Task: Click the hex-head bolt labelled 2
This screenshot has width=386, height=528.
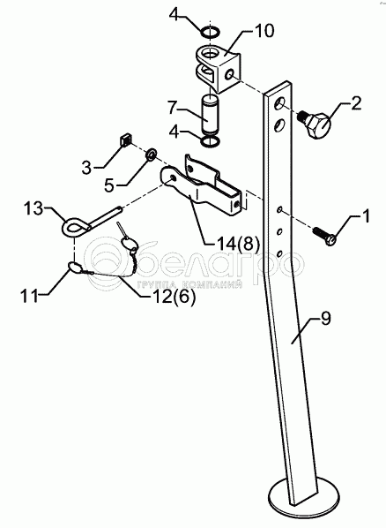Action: [x=315, y=124]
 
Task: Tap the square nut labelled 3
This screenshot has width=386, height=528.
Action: [x=126, y=140]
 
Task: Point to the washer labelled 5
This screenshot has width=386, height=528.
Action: [x=151, y=154]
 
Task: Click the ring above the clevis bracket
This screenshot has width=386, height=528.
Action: [x=211, y=33]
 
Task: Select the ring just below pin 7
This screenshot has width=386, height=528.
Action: [x=211, y=142]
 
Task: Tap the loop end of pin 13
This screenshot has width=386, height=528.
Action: [x=75, y=228]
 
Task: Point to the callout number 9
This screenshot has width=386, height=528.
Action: [x=326, y=319]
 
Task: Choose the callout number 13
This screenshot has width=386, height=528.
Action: [x=33, y=208]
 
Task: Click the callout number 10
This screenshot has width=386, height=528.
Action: [x=264, y=31]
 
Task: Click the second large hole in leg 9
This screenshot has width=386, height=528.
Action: [x=279, y=124]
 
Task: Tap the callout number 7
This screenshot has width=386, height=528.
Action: [x=173, y=108]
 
